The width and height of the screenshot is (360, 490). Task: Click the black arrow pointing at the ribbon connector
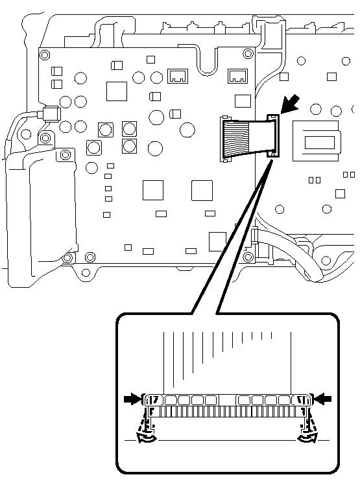(292, 101)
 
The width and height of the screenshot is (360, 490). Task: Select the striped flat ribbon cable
(245, 137)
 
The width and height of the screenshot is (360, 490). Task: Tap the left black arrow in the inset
(132, 399)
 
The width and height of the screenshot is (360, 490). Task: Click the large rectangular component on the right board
(316, 139)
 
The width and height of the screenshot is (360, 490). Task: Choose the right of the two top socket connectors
(237, 76)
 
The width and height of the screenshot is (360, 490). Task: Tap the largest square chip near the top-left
(117, 91)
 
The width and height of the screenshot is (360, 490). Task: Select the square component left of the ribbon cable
(241, 100)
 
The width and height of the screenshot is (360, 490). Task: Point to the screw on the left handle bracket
(65, 156)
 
